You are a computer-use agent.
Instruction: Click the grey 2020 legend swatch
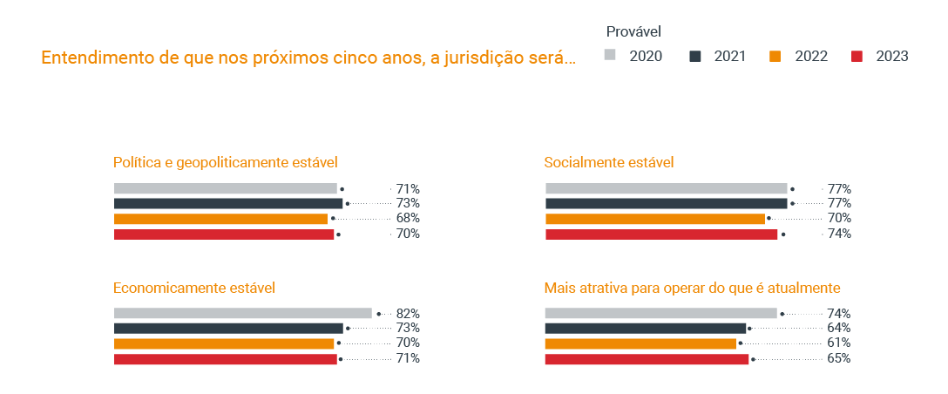[x=611, y=57]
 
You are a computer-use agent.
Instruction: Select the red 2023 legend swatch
[x=857, y=57]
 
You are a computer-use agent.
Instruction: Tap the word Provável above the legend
[x=633, y=31]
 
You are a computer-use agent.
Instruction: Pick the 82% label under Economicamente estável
[x=408, y=313]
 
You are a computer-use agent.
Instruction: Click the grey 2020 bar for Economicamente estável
[x=242, y=313]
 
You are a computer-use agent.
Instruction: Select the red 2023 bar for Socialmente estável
[x=660, y=234]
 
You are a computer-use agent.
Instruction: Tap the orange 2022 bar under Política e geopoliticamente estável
[x=220, y=218]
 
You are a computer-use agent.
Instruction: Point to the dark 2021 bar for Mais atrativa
[x=646, y=328]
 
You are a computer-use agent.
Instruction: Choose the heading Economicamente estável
[x=194, y=288]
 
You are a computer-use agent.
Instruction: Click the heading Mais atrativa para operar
[x=692, y=288]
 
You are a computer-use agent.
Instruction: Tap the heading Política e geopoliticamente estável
[x=225, y=162]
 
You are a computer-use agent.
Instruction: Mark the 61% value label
[x=839, y=343]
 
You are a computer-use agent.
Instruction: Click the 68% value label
[x=408, y=218]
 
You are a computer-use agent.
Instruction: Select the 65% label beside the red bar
[x=839, y=358]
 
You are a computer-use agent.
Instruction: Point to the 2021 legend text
[x=729, y=57]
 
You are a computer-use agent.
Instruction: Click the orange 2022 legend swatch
[x=775, y=57]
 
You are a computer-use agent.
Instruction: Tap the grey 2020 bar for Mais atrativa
[x=660, y=313]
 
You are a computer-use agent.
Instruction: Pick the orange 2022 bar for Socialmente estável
[x=654, y=218]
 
